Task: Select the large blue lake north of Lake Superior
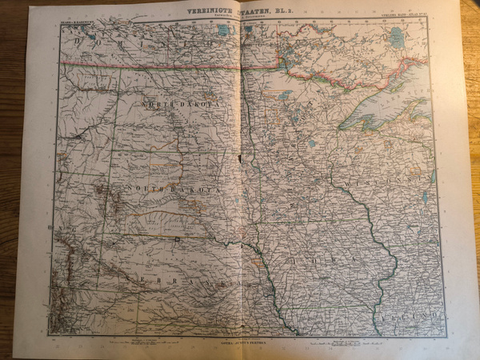[396, 36]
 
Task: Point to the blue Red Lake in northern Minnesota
[285, 94]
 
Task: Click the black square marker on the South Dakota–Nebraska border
[176, 238]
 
